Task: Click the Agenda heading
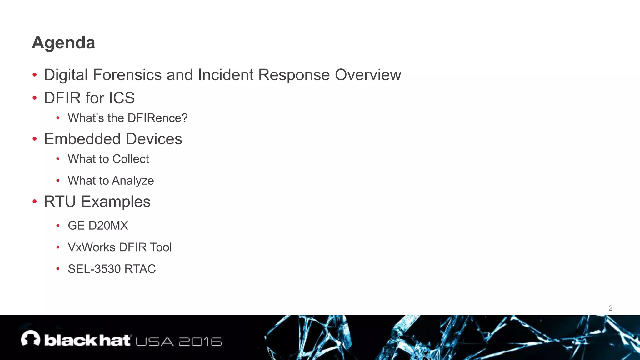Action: click(63, 42)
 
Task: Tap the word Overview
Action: click(368, 75)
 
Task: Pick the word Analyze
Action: click(133, 181)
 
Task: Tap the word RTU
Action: click(60, 202)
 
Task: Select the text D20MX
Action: click(108, 226)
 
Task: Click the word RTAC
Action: click(140, 269)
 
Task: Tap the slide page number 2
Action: click(610, 308)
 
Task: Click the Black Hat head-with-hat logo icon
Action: click(31, 339)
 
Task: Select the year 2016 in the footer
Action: click(200, 342)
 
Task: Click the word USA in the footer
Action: click(154, 342)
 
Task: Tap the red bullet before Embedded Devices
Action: click(35, 139)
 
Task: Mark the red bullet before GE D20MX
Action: click(58, 226)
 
